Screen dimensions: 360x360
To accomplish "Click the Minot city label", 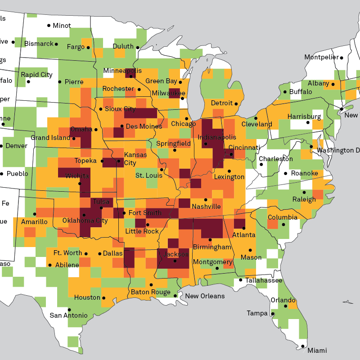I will coord(62,26).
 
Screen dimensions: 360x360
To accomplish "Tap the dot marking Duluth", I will coord(138,47).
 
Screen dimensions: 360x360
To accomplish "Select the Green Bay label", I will coord(161,81).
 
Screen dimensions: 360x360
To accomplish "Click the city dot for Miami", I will coord(303,346).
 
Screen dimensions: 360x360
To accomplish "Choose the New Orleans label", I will coord(205,296).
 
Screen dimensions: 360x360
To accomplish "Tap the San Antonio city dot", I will coord(69,310).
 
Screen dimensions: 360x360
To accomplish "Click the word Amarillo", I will coord(34,222).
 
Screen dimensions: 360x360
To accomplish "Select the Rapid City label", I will coord(36,75).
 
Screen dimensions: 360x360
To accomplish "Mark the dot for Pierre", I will coord(59,82).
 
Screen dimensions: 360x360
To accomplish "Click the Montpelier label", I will coord(321,57).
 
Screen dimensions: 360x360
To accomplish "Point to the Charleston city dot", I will coord(261,164).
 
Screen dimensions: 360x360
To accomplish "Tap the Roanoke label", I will coord(305,173).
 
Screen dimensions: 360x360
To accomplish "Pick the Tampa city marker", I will coord(273,314).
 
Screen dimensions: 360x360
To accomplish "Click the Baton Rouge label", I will coord(151,292).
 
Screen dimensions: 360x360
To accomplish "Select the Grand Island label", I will coord(50,138).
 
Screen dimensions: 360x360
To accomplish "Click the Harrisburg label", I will coord(304,117).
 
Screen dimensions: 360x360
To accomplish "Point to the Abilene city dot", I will coord(50,265).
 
